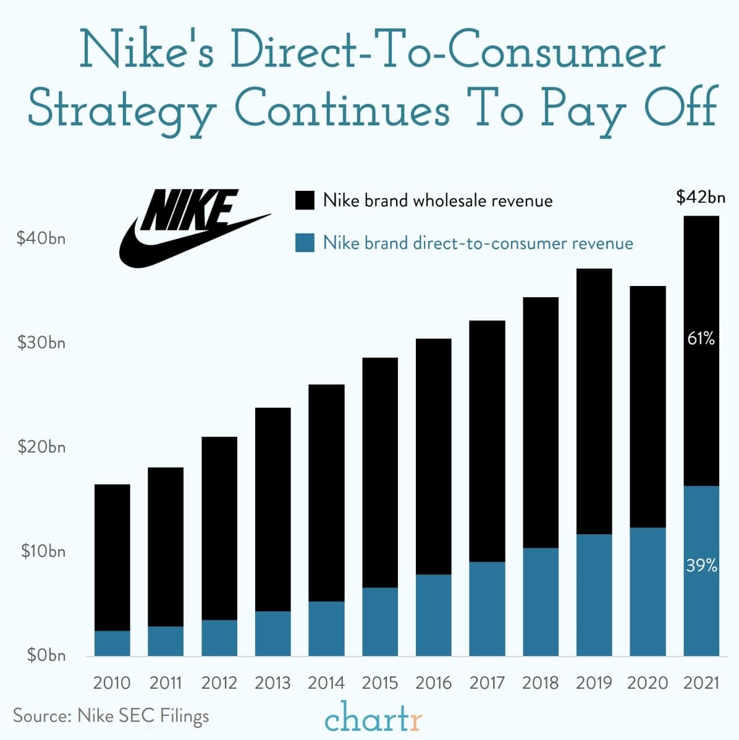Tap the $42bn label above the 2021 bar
[x=700, y=198]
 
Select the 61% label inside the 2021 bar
[x=701, y=338]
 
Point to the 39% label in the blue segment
[x=701, y=565]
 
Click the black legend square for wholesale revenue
[x=305, y=201]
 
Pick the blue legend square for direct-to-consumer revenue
[x=305, y=243]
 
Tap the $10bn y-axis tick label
[x=43, y=551]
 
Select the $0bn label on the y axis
[x=46, y=655]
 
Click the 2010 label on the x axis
[x=112, y=683]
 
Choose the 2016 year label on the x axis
[x=433, y=683]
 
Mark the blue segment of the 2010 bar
[x=112, y=644]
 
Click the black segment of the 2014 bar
[x=326, y=494]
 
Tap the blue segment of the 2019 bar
[x=594, y=595]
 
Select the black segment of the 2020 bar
[x=648, y=408]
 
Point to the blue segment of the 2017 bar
[x=487, y=609]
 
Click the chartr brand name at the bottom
[x=373, y=718]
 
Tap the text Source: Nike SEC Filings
[x=111, y=716]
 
